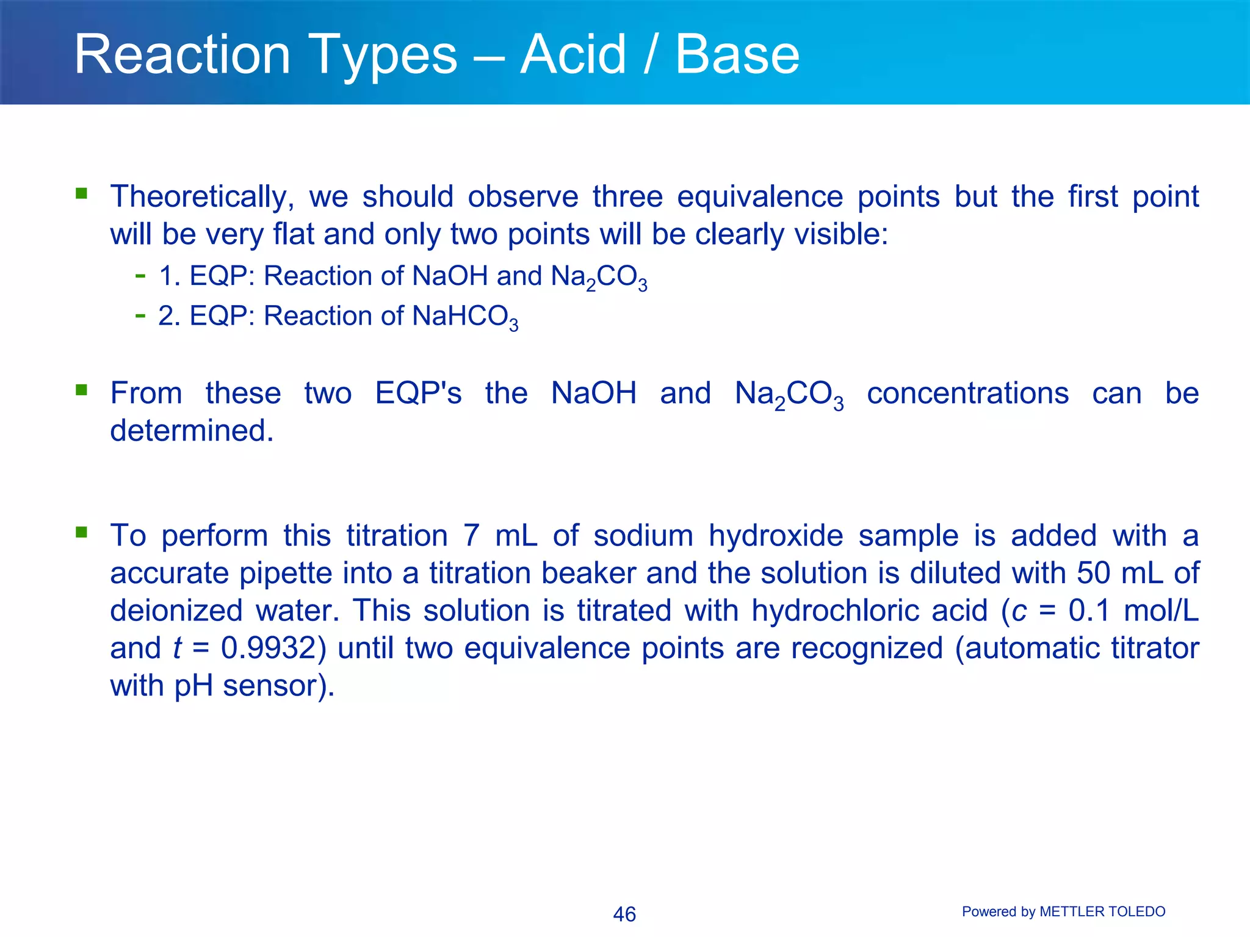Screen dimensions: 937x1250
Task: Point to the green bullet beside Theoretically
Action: (81, 194)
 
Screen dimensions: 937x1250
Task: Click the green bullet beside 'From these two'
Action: (81, 390)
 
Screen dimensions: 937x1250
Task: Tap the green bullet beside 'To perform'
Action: (81, 533)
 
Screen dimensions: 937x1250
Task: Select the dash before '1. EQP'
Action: (140, 276)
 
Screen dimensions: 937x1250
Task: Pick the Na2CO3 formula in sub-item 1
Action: (598, 277)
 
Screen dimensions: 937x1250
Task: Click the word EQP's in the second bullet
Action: (418, 393)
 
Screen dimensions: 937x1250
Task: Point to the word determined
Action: (192, 431)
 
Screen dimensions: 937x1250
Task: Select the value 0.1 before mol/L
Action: (1088, 611)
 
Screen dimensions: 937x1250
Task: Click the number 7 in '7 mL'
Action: (471, 536)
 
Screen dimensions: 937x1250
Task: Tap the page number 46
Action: (624, 914)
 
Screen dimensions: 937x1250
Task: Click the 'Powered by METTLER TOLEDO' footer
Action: (1063, 911)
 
